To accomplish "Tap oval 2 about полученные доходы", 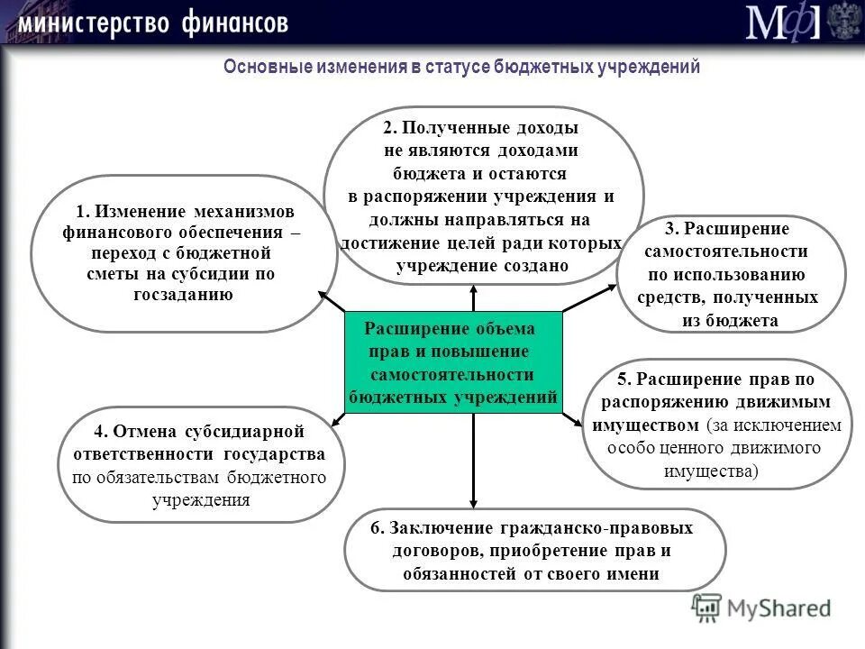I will coord(483,197).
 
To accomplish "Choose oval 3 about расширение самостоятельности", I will coord(731,274).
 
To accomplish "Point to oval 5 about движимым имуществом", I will coord(717,425).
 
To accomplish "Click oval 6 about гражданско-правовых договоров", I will coord(534,551).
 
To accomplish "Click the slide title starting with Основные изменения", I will coord(461,68).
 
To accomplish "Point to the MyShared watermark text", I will coord(778,608).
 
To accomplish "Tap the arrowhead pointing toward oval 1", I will coord(322,293).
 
